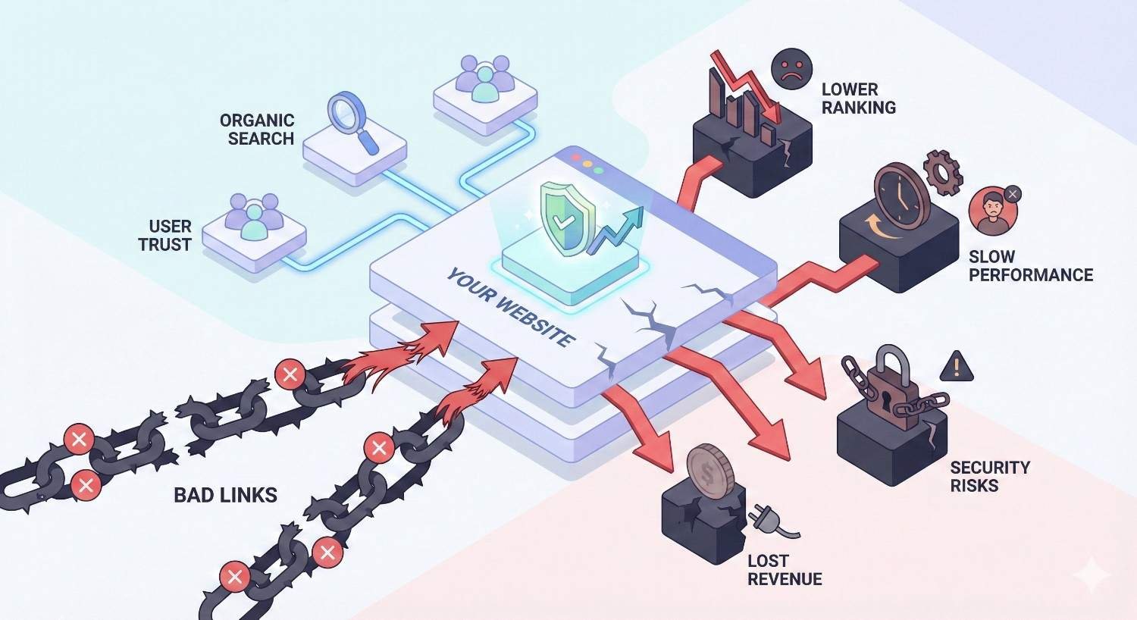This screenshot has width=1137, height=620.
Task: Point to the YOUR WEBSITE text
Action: click(x=509, y=307)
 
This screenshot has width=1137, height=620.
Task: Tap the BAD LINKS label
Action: click(x=225, y=496)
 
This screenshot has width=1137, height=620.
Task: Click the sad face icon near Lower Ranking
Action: click(x=791, y=69)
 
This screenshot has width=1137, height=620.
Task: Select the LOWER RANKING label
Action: click(x=858, y=99)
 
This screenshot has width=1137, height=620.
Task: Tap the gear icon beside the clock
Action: click(x=942, y=171)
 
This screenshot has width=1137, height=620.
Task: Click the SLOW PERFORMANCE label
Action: click(x=1030, y=265)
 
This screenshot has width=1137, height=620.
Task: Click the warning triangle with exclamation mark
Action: click(x=957, y=368)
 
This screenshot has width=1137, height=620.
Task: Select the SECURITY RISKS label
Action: click(x=989, y=476)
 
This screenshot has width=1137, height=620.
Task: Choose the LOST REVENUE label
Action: click(x=784, y=570)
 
